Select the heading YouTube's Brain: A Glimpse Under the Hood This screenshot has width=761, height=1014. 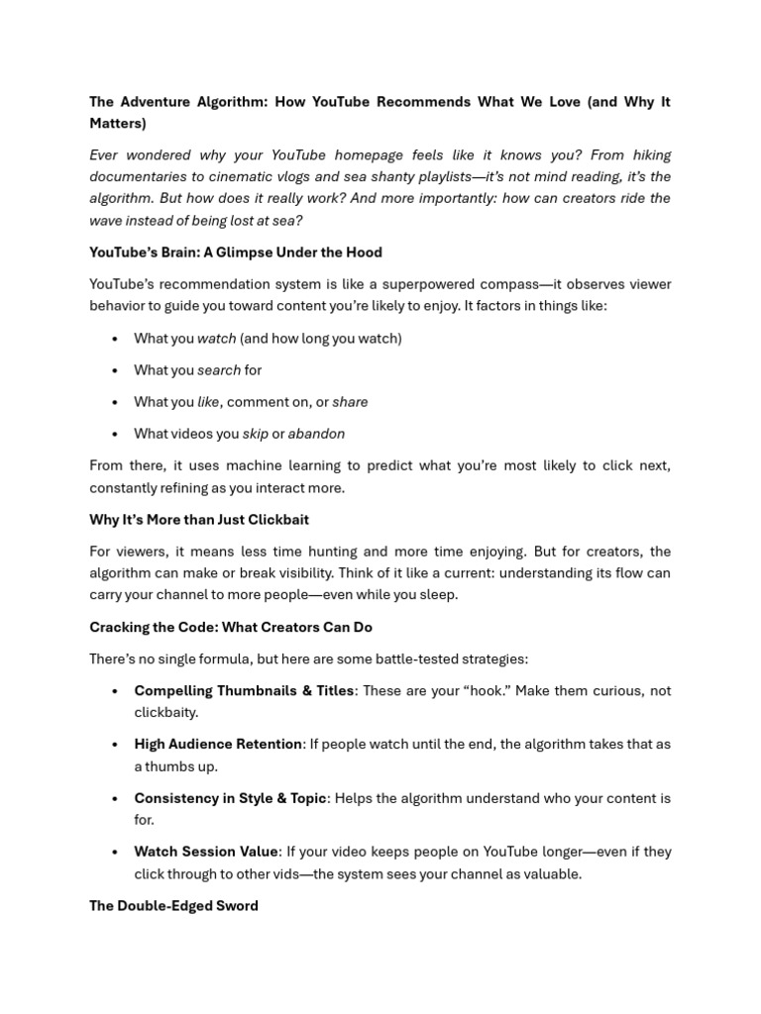tap(235, 253)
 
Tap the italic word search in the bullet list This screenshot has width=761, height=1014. tap(219, 370)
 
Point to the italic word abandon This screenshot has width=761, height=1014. tap(316, 434)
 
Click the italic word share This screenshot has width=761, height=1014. tap(350, 402)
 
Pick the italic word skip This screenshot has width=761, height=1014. tap(255, 434)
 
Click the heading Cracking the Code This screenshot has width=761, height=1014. tap(230, 628)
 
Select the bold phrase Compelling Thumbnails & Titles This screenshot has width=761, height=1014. tap(244, 691)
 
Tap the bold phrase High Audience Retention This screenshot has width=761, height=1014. tap(218, 745)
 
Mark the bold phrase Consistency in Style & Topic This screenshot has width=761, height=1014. tap(230, 798)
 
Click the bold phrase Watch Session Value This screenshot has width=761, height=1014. tap(206, 852)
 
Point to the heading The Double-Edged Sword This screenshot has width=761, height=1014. tap(173, 906)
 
